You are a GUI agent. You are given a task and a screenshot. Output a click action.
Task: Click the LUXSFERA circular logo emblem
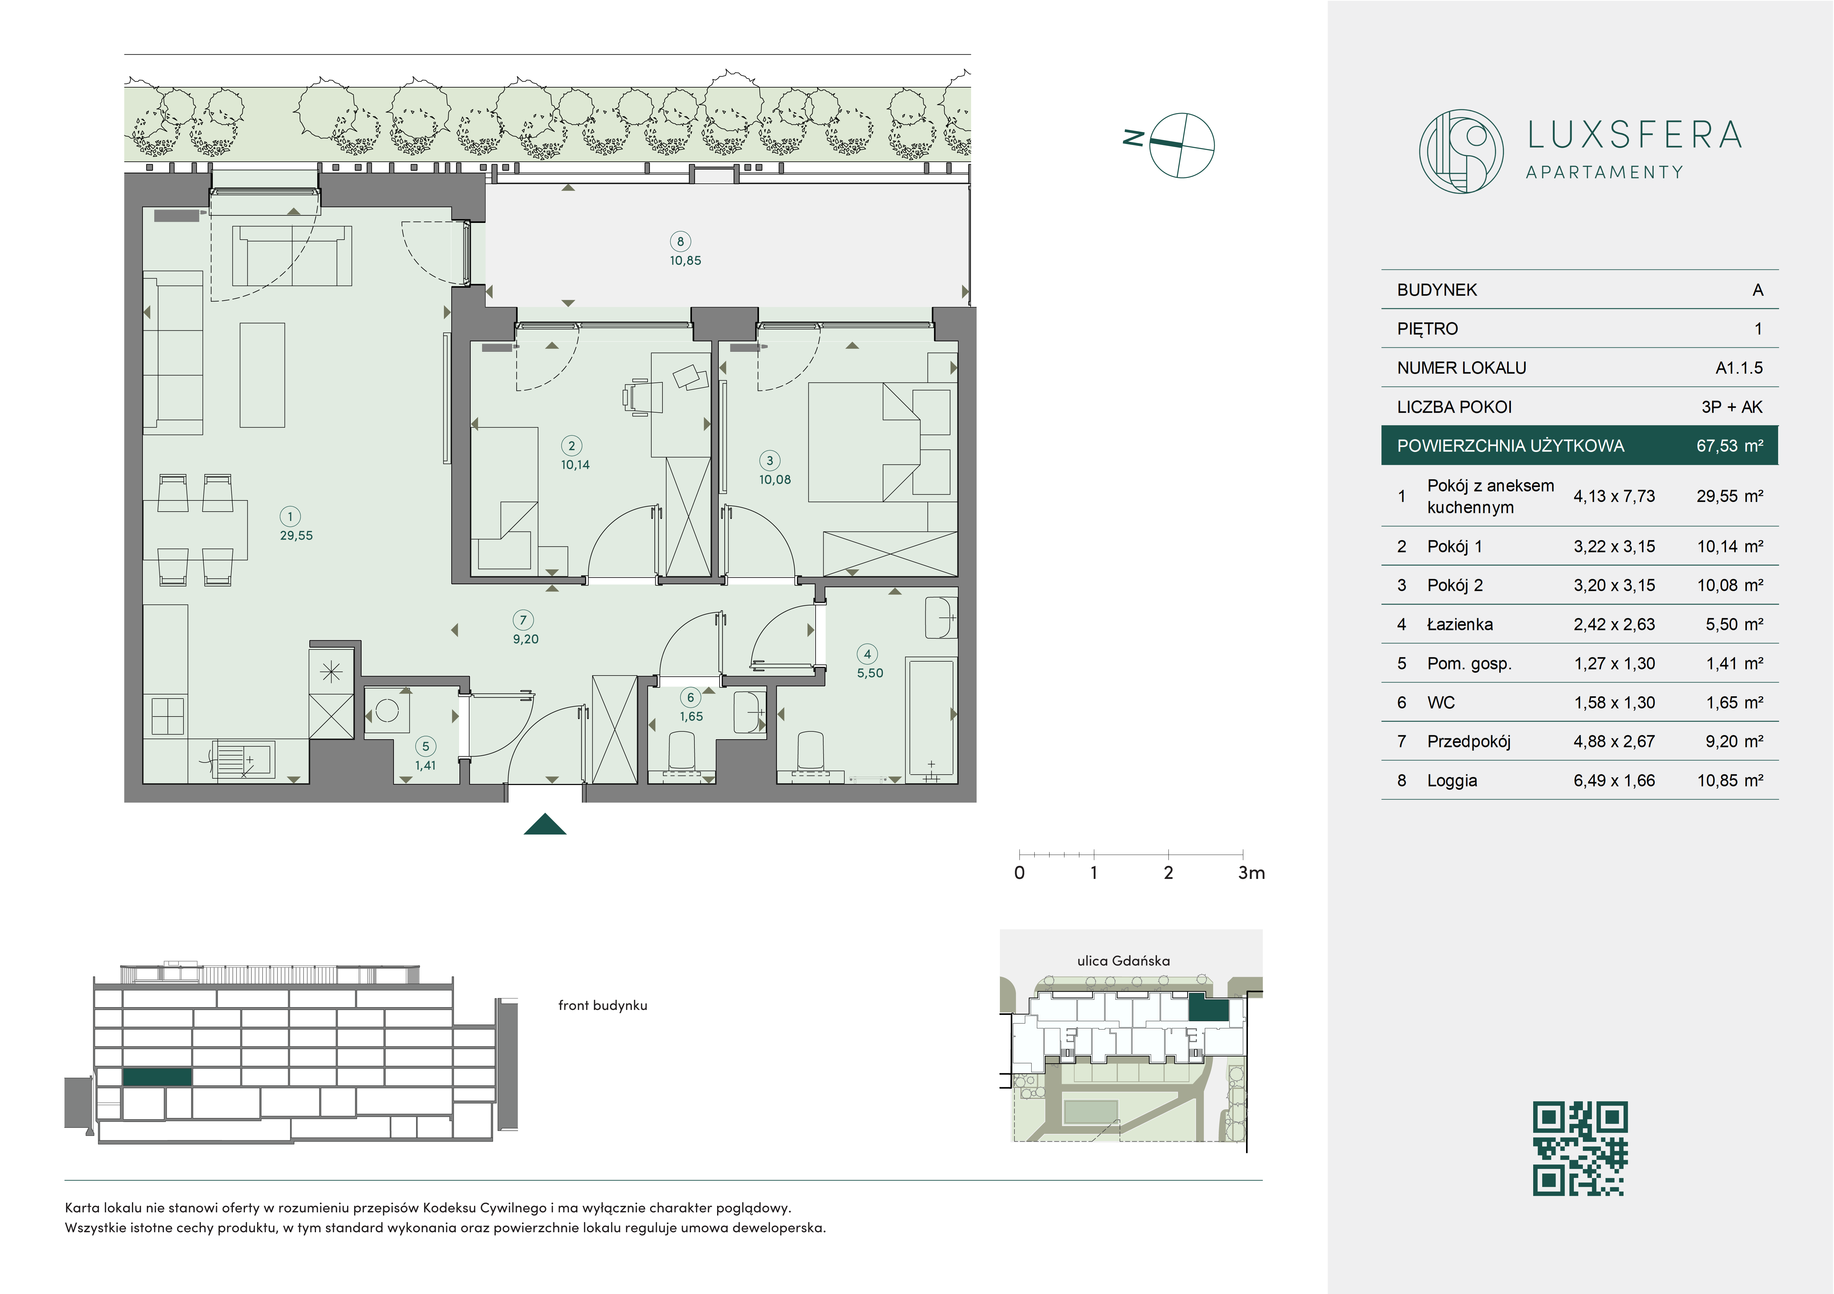click(1461, 151)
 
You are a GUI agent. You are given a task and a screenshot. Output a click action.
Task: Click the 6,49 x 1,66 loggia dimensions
click(1614, 780)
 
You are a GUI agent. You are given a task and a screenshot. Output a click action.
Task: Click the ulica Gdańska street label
click(1123, 961)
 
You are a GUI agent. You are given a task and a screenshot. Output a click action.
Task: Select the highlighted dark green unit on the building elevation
click(157, 1077)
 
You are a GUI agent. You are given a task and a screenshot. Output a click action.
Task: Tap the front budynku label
click(602, 1006)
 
